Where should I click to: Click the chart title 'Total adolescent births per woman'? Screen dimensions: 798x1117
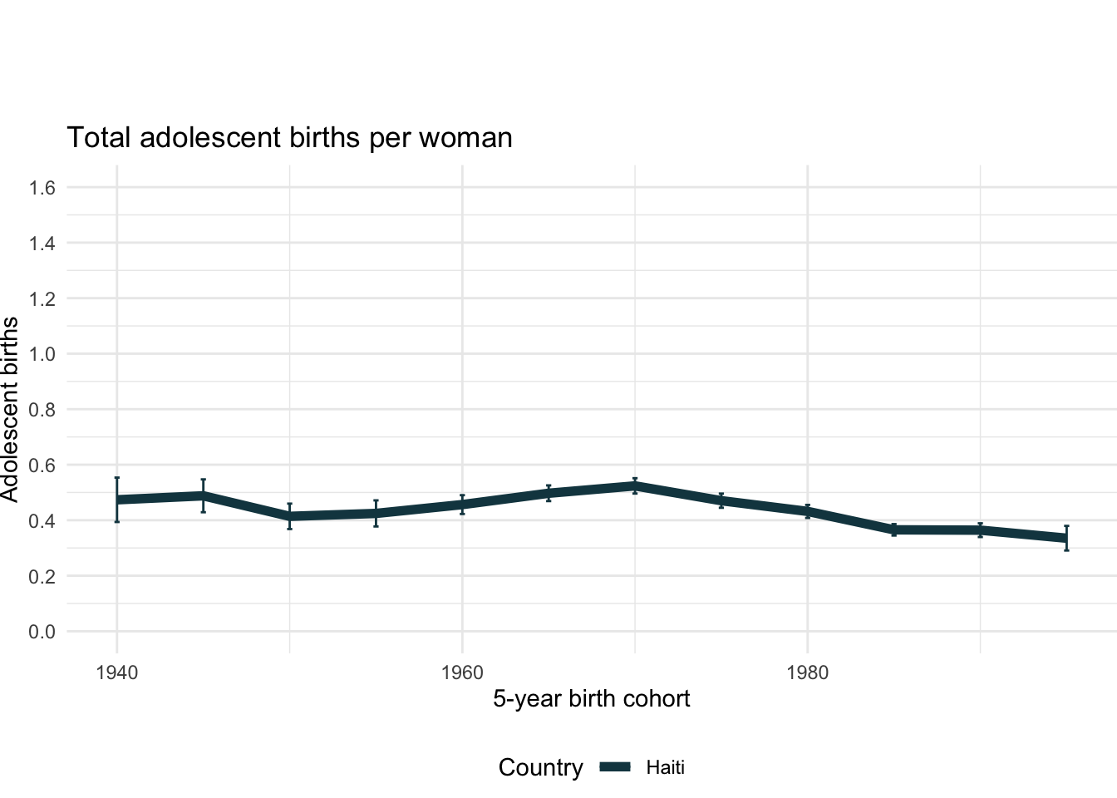click(x=289, y=137)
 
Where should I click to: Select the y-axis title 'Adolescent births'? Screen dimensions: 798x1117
click(x=10, y=409)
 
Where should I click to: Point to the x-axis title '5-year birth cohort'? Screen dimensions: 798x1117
click(x=591, y=698)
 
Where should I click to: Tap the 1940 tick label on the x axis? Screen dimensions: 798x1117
click(x=116, y=672)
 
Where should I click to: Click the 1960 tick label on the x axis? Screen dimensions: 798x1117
click(x=462, y=672)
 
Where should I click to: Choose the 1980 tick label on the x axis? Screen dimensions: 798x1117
click(x=807, y=672)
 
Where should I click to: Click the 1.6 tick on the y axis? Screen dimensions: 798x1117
click(x=42, y=188)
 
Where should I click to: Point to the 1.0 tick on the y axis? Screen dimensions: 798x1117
click(x=42, y=354)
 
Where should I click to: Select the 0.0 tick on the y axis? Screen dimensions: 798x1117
click(x=42, y=632)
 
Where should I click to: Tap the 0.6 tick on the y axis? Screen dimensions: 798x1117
click(x=42, y=465)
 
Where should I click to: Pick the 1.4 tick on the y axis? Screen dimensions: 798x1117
click(x=42, y=244)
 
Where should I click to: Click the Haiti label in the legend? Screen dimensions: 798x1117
click(x=666, y=767)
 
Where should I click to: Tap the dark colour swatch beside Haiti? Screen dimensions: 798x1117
click(x=616, y=767)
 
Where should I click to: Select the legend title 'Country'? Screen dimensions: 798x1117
click(x=540, y=767)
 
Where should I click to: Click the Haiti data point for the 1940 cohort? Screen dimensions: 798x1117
click(x=117, y=500)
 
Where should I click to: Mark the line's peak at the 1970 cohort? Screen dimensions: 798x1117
click(x=635, y=485)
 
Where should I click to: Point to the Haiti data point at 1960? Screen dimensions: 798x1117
click(x=462, y=505)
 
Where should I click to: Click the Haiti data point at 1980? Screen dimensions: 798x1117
click(x=807, y=511)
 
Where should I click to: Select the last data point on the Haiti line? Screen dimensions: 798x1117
click(x=1066, y=538)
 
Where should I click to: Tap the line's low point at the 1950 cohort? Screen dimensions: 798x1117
click(x=289, y=516)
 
